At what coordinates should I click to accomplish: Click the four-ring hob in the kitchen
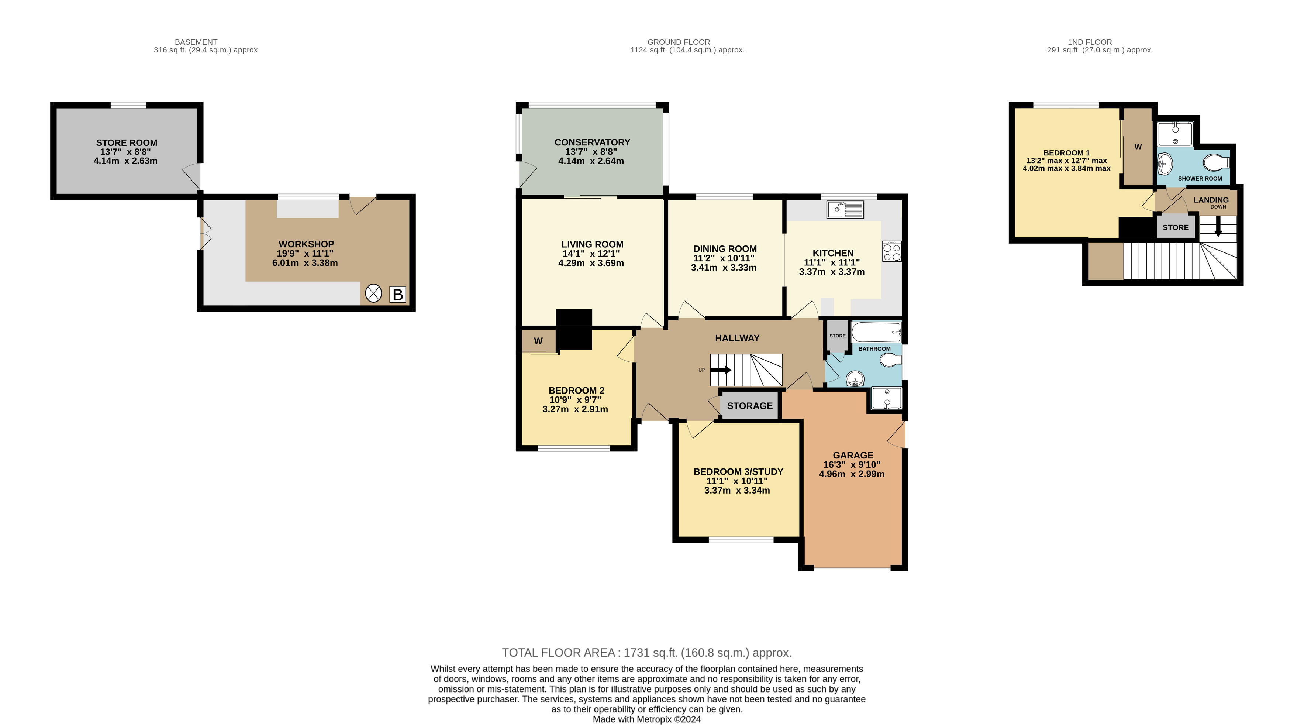click(x=892, y=252)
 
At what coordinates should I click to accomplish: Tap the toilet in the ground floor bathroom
click(x=891, y=360)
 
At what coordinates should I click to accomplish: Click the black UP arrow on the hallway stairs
click(x=721, y=370)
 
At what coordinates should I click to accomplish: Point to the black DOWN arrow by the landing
click(x=1218, y=227)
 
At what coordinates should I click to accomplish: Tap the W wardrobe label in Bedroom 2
click(x=538, y=341)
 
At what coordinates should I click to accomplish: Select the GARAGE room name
click(x=853, y=455)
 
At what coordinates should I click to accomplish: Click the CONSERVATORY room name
click(x=592, y=142)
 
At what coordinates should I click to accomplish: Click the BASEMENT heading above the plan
click(x=196, y=42)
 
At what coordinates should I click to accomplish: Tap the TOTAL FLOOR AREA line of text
click(x=646, y=653)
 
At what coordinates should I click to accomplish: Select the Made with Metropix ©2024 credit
click(x=646, y=719)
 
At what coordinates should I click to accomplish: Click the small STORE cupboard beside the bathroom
click(x=837, y=336)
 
